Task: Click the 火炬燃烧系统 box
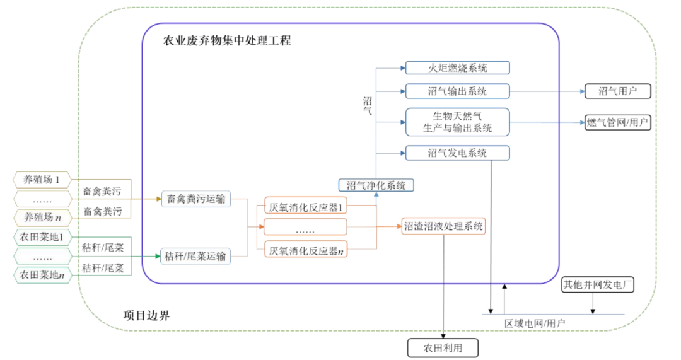[457, 67]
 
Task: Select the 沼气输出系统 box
[457, 91]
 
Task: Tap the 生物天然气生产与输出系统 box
[457, 122]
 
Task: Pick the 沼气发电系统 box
[457, 153]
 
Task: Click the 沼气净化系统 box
[376, 185]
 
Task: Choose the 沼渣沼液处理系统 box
[444, 226]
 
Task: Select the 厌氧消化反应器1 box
[305, 206]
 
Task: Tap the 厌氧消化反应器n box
[305, 250]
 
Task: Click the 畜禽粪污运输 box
[195, 199]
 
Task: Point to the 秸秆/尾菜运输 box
[195, 256]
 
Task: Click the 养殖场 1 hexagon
[42, 180]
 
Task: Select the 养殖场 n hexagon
[42, 218]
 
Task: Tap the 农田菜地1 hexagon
[42, 238]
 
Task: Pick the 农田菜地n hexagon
[42, 275]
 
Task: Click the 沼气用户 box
[617, 91]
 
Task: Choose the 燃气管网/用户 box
[617, 122]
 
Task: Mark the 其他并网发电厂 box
[597, 285]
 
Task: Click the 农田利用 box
[443, 347]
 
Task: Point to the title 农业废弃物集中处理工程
[227, 42]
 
